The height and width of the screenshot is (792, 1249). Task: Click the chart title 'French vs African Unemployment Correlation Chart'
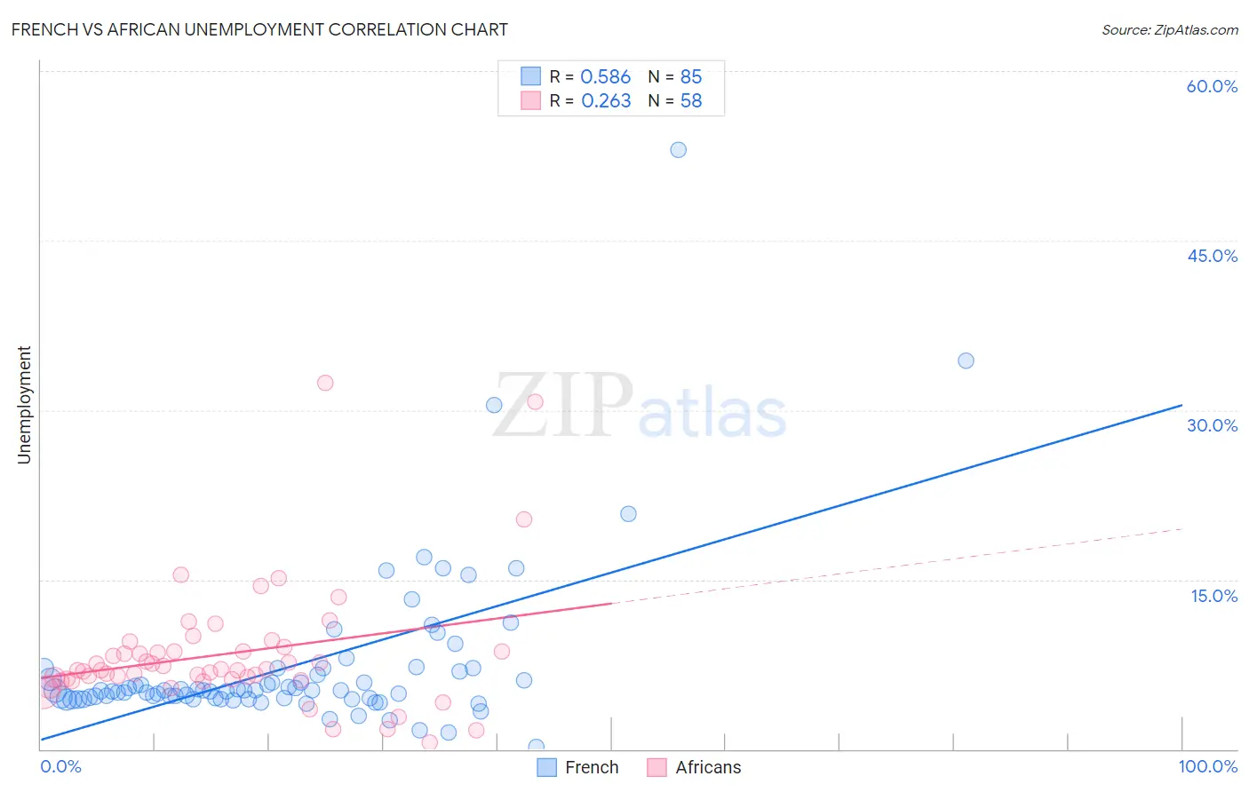click(259, 29)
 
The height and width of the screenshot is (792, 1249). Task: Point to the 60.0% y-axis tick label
click(1212, 86)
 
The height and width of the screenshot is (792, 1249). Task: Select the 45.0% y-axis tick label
click(1212, 256)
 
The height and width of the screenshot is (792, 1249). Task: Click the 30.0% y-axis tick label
click(1212, 425)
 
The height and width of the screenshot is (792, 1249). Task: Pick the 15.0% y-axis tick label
click(1213, 596)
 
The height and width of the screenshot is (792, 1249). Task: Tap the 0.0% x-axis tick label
click(60, 766)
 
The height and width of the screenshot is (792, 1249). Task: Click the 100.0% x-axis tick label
click(1208, 766)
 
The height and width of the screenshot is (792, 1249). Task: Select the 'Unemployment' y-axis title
click(25, 405)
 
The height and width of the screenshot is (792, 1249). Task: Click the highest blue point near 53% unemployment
click(678, 150)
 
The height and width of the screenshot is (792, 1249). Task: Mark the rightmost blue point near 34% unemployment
click(966, 360)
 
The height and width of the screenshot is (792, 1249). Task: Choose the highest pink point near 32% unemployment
click(325, 383)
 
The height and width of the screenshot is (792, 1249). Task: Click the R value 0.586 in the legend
click(605, 77)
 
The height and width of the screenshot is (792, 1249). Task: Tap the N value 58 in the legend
click(691, 101)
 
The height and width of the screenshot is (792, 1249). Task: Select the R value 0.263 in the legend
click(606, 101)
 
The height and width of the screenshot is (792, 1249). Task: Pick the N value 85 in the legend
click(691, 77)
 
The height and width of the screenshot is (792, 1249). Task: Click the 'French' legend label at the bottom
click(592, 767)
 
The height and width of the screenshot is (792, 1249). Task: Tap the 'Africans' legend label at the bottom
click(708, 767)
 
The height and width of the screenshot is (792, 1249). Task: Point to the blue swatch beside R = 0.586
click(530, 76)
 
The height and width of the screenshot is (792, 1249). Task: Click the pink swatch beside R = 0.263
click(530, 100)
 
